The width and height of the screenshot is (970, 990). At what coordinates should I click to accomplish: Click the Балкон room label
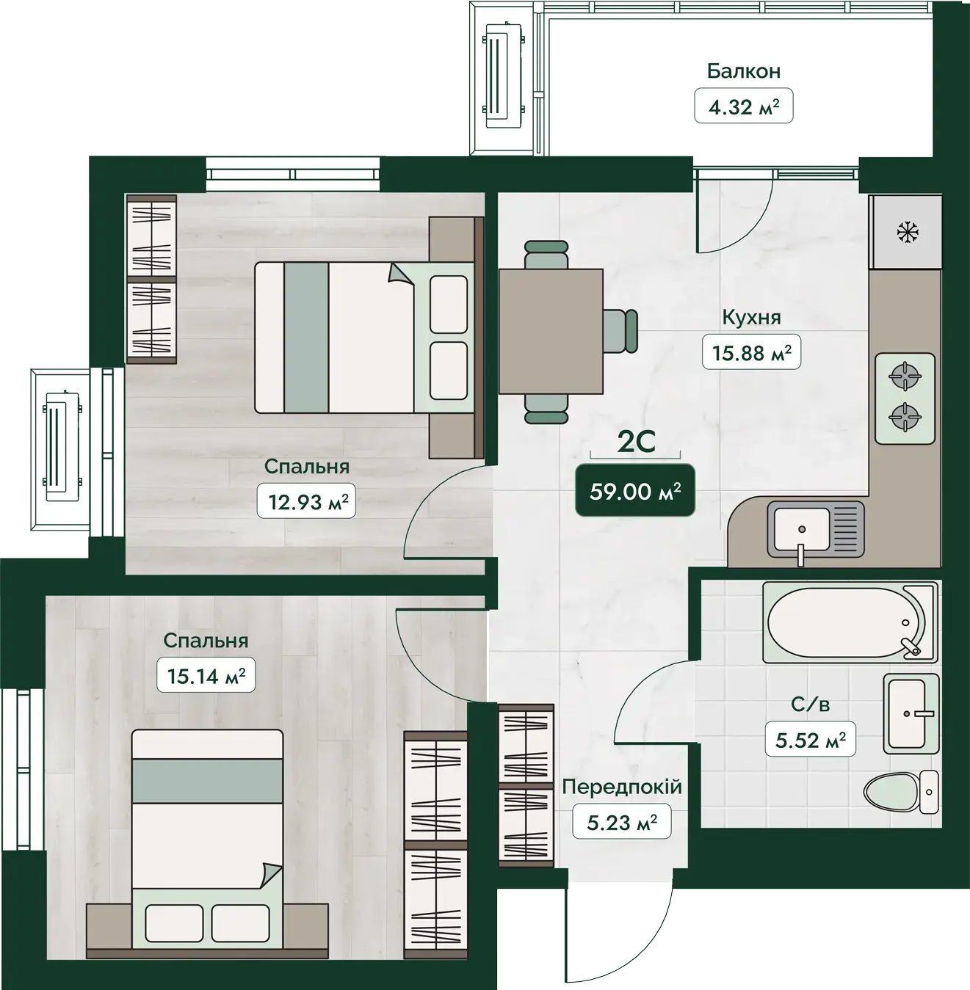(743, 71)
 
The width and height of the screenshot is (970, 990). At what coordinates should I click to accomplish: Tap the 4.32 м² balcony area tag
(743, 106)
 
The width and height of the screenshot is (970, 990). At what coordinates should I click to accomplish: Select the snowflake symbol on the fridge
(908, 233)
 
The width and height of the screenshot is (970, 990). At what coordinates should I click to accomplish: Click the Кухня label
(751, 318)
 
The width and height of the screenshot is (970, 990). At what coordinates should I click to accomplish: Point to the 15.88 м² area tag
(751, 352)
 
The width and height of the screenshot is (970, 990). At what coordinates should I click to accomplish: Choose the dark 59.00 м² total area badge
(635, 491)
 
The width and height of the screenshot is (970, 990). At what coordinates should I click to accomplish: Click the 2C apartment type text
(637, 443)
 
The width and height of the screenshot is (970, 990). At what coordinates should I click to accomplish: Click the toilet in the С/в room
(901, 792)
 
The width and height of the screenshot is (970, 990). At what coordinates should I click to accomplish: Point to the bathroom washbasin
(911, 713)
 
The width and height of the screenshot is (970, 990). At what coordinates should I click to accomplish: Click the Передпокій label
(621, 787)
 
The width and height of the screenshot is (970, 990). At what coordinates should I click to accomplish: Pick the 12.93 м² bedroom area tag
(306, 501)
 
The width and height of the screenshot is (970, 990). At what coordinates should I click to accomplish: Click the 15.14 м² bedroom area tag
(206, 675)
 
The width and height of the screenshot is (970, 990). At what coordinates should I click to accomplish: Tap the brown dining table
(551, 332)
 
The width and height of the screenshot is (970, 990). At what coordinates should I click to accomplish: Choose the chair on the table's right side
(620, 332)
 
